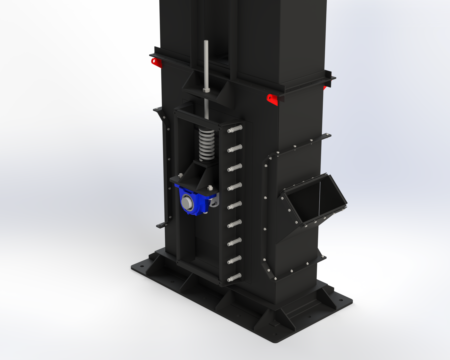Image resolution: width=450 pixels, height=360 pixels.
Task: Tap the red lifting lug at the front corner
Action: click(272, 99)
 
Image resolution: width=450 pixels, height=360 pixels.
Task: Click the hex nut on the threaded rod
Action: click(205, 90)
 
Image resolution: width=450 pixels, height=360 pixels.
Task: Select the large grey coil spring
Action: click(207, 145)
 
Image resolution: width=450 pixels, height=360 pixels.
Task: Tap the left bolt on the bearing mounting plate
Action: click(181, 175)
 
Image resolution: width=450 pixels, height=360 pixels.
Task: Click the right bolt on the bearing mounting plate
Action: click(210, 188)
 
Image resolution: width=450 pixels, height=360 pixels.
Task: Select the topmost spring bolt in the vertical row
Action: click(235, 129)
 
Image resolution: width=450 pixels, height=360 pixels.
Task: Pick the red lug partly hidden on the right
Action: click(325, 88)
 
